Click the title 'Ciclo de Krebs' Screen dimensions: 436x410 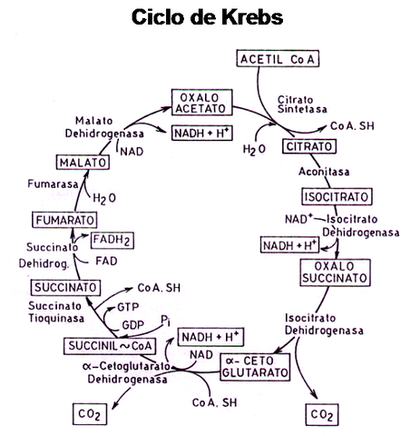click(x=207, y=17)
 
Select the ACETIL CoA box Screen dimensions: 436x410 click(x=278, y=59)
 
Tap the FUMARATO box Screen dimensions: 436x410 click(x=60, y=220)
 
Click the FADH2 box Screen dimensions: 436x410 click(x=114, y=240)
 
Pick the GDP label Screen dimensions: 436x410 click(x=127, y=322)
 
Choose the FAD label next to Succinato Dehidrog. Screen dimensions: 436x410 click(x=106, y=260)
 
